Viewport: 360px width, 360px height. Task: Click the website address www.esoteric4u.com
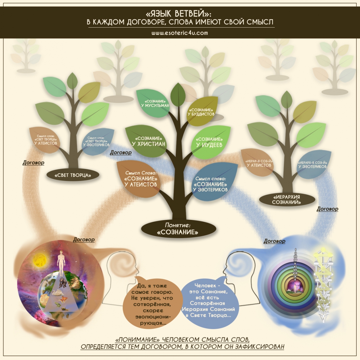[179, 33]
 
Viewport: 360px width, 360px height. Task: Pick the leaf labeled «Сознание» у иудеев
[209, 142]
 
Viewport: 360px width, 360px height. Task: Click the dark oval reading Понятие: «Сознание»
[178, 229]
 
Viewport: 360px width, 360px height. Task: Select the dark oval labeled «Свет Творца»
[73, 175]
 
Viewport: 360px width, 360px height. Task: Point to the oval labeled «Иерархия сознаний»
[286, 199]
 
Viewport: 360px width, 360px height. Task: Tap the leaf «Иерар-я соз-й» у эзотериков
[313, 164]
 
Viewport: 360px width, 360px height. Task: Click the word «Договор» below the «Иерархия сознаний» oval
[327, 209]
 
